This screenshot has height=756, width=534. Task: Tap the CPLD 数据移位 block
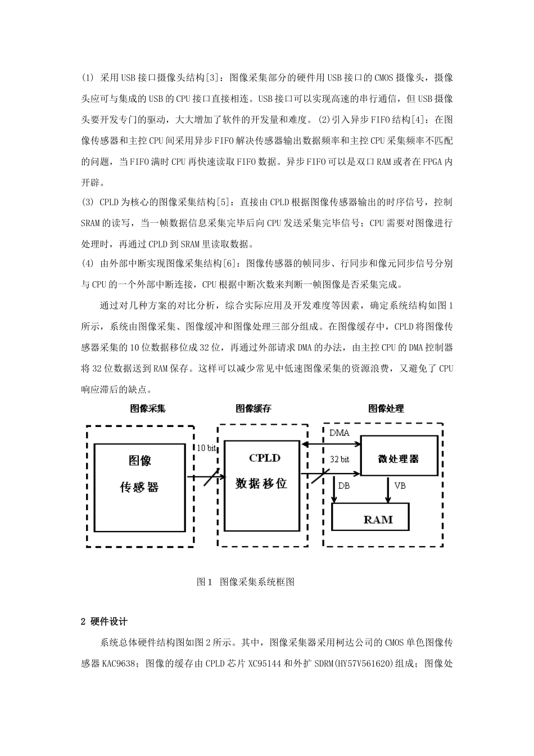pos(261,485)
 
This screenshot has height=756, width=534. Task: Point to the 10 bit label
pos(207,448)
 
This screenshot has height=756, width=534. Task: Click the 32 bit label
pos(339,460)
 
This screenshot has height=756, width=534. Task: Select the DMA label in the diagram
pos(339,433)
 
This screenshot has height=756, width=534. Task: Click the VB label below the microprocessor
pos(400,485)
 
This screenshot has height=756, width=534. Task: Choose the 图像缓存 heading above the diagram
pos(253,409)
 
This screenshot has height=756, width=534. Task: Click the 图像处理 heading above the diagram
pos(386,409)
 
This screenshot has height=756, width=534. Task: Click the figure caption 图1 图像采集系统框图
pos(246,582)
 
